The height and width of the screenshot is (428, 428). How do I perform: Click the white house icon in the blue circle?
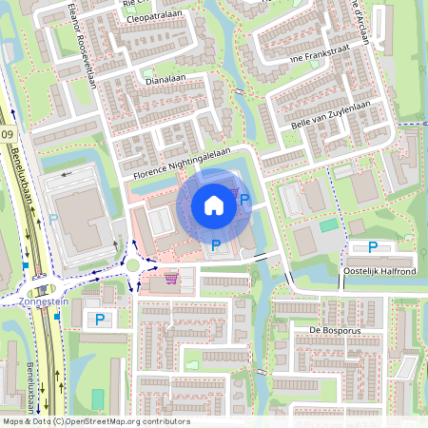point(214,204)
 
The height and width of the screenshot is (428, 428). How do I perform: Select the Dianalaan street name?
point(163,81)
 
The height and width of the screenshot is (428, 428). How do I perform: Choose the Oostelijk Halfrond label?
point(379,271)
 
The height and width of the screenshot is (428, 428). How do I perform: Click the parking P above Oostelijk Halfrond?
point(373,247)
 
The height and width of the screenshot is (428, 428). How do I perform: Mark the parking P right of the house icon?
point(244,200)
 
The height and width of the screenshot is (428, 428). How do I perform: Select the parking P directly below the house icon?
point(216,245)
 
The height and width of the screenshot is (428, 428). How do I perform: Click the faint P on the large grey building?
point(54,220)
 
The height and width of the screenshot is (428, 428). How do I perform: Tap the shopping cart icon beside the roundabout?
point(171,278)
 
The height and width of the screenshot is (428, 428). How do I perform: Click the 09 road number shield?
point(8,136)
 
